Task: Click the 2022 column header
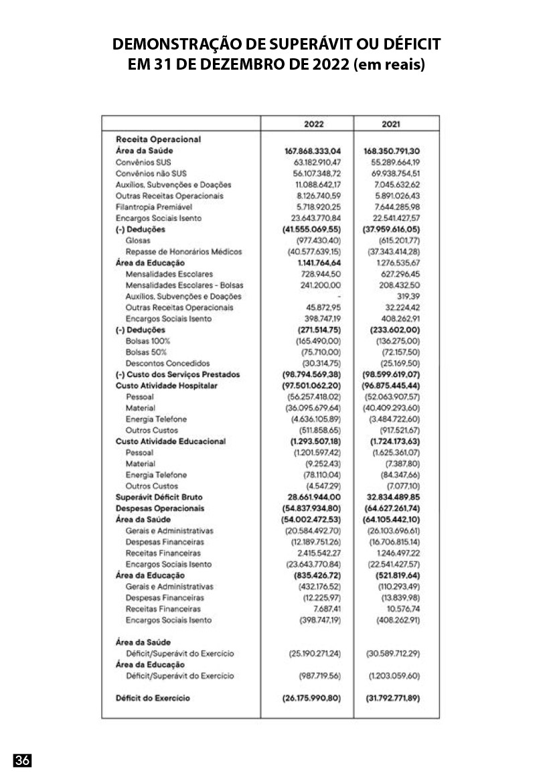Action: click(314, 124)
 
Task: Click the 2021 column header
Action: click(392, 124)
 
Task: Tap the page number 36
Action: click(23, 760)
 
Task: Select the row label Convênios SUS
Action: click(143, 162)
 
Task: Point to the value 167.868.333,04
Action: click(313, 151)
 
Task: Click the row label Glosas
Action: click(138, 240)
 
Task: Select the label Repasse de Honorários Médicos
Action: click(183, 252)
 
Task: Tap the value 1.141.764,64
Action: click(318, 263)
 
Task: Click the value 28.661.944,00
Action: click(313, 498)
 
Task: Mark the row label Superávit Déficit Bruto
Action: click(159, 498)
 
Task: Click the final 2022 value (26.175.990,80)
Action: click(313, 698)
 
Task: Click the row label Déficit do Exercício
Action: click(153, 698)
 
